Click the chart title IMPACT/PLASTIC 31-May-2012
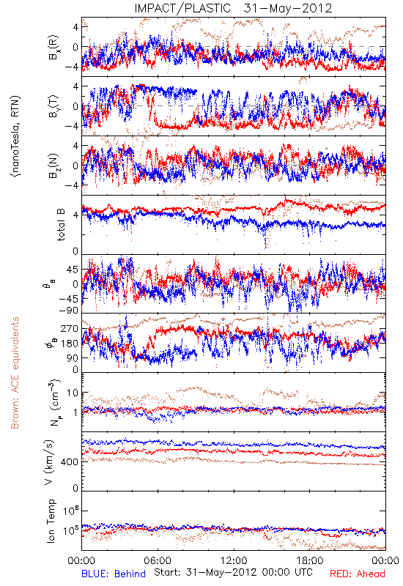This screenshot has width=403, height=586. pyautogui.click(x=233, y=8)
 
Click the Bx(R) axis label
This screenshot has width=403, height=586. pyautogui.click(x=53, y=48)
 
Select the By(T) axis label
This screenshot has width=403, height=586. pyautogui.click(x=53, y=106)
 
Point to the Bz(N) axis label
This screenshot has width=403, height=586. pyautogui.click(x=53, y=166)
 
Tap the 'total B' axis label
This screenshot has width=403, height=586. pyautogui.click(x=61, y=225)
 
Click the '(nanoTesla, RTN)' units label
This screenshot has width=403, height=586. pyautogui.click(x=16, y=136)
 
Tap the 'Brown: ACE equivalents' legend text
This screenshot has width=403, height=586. pyautogui.click(x=15, y=373)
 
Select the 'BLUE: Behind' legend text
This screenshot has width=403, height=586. pyautogui.click(x=114, y=574)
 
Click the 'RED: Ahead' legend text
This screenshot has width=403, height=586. pyautogui.click(x=358, y=574)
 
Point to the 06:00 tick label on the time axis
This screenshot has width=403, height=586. pyautogui.click(x=158, y=560)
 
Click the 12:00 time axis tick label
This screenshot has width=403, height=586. pyautogui.click(x=234, y=560)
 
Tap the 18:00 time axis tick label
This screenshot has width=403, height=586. pyautogui.click(x=310, y=560)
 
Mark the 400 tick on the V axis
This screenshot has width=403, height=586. pyautogui.click(x=70, y=462)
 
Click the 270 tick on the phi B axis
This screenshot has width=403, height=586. pyautogui.click(x=70, y=329)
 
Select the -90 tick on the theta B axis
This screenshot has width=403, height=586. pyautogui.click(x=68, y=311)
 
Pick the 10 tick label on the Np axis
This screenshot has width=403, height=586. pyautogui.click(x=73, y=393)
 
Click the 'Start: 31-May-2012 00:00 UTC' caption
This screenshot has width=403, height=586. pyautogui.click(x=233, y=572)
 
